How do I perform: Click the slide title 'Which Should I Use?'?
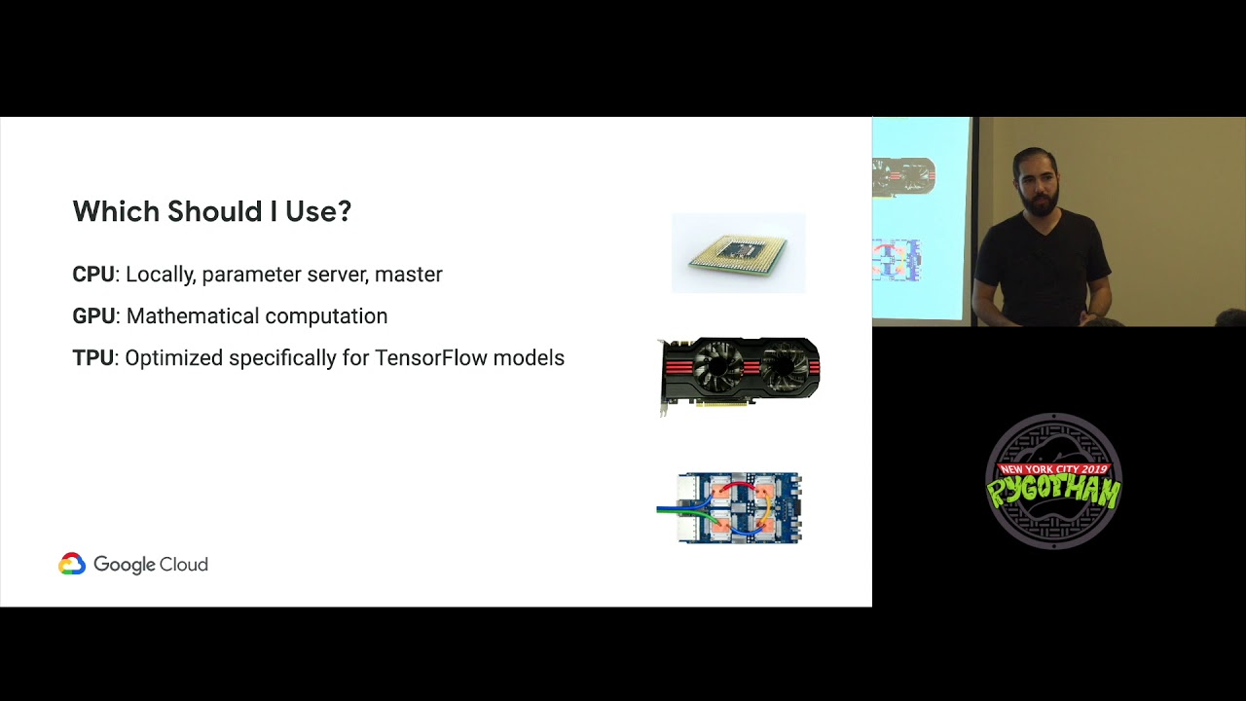pyautogui.click(x=211, y=211)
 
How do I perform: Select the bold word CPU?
pyautogui.click(x=93, y=275)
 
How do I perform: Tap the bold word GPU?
pyautogui.click(x=93, y=316)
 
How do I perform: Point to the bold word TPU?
pyautogui.click(x=92, y=358)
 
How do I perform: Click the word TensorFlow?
pyautogui.click(x=429, y=358)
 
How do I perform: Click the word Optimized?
pyautogui.click(x=173, y=358)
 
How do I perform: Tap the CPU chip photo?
pyautogui.click(x=738, y=253)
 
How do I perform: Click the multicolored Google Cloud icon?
pyautogui.click(x=72, y=565)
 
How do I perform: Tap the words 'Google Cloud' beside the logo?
pyautogui.click(x=151, y=565)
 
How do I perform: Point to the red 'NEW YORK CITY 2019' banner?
pyautogui.click(x=1054, y=469)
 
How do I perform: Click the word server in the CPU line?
pyautogui.click(x=337, y=275)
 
